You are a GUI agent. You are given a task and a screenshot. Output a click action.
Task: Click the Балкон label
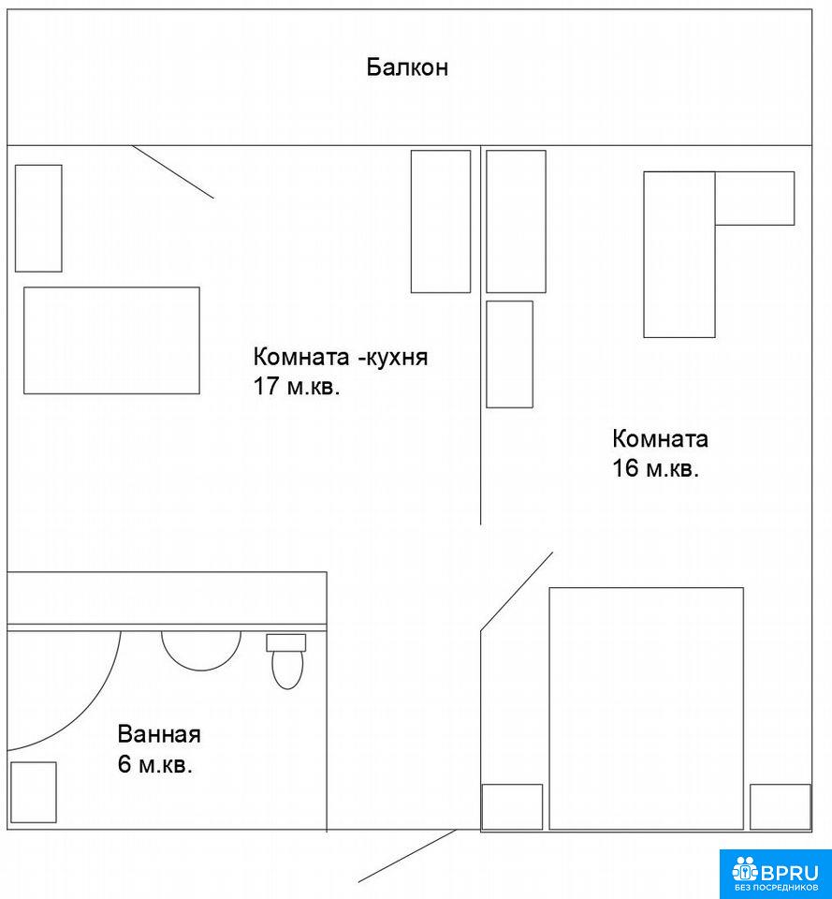[407, 67]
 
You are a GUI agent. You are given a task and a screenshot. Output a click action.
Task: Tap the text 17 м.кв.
[297, 386]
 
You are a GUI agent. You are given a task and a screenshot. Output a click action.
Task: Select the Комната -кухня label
[341, 357]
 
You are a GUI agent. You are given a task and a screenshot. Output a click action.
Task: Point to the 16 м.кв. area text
[655, 468]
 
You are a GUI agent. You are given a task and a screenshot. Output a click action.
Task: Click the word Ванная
[159, 734]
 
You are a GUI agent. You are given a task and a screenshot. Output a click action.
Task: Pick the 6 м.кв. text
[154, 764]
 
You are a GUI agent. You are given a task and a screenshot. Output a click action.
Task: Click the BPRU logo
[776, 873]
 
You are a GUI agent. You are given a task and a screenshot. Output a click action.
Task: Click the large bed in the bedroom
[647, 708]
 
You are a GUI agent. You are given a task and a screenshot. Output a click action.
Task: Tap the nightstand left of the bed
[512, 806]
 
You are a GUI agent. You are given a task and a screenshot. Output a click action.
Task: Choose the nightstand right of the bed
[781, 806]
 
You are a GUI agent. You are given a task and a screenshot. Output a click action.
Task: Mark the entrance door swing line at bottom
[407, 855]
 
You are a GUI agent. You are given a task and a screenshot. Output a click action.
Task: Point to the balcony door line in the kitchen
[173, 172]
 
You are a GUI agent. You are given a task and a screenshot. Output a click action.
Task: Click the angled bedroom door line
[517, 592]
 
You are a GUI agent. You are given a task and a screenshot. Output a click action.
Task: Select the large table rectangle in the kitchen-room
[111, 341]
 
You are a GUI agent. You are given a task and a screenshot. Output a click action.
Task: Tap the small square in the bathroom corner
[34, 792]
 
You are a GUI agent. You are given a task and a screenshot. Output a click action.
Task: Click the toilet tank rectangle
[286, 642]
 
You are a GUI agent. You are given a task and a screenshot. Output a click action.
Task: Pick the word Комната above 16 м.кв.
[660, 438]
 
